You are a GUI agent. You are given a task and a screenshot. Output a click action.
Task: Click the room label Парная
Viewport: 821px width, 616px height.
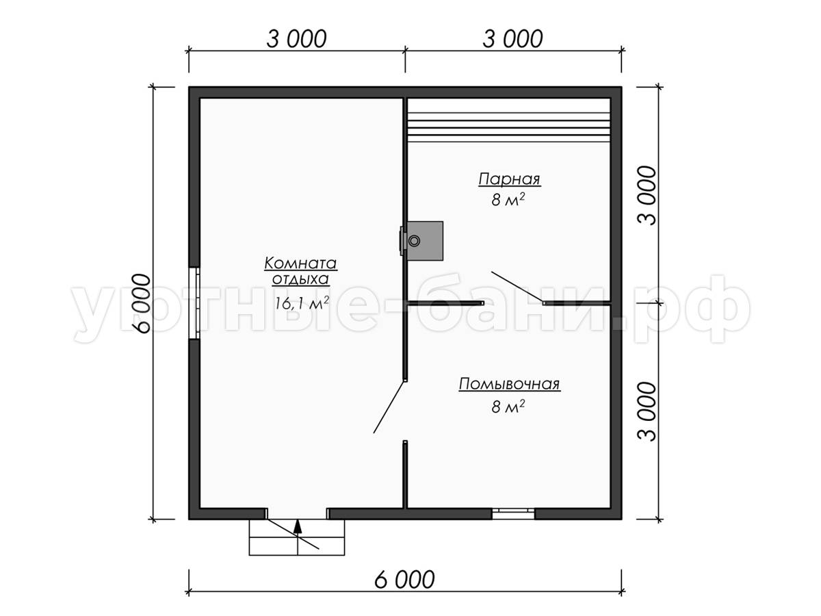click(509, 179)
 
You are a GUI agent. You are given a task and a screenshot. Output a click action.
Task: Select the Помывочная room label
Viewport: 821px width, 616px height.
click(509, 384)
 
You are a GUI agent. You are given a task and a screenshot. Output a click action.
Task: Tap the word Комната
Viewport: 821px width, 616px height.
click(300, 264)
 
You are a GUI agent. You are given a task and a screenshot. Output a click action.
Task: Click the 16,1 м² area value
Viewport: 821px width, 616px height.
click(302, 303)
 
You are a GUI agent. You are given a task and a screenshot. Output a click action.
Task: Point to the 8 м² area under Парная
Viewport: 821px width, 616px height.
click(508, 200)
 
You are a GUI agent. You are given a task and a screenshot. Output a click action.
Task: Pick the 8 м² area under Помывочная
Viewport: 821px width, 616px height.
click(508, 406)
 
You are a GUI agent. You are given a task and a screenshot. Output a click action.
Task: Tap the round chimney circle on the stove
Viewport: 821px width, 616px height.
click(414, 241)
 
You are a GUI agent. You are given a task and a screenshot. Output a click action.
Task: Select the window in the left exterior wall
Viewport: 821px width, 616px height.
click(194, 303)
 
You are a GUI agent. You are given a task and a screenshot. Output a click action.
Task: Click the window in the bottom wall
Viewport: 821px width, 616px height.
click(513, 513)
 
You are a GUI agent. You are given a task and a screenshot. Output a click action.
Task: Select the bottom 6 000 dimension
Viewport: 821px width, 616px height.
click(404, 579)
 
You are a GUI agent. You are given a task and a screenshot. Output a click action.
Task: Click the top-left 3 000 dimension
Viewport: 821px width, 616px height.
click(296, 39)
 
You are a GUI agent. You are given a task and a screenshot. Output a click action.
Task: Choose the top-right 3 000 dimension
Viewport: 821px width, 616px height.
click(512, 39)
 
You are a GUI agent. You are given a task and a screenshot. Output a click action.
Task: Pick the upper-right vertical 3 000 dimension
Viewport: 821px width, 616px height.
click(647, 195)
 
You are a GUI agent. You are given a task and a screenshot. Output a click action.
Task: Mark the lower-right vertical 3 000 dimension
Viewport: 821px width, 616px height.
click(647, 411)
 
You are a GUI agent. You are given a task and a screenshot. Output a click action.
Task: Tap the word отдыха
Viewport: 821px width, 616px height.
click(300, 279)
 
